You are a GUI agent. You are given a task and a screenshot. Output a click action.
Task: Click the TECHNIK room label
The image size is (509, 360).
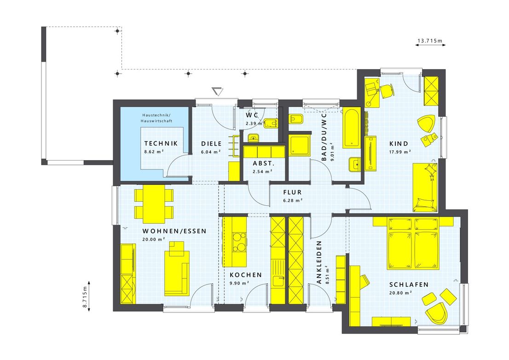pos(161,143)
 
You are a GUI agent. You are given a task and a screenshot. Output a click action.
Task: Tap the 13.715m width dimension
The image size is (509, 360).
pos(429,41)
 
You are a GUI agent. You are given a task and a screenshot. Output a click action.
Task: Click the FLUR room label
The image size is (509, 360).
pos(292,192)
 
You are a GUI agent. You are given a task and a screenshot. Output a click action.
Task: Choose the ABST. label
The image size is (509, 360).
pos(264,163)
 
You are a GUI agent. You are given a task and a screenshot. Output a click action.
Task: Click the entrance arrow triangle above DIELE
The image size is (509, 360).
pos(217,91)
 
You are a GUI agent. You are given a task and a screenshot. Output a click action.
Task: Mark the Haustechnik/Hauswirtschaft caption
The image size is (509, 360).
pos(156,117)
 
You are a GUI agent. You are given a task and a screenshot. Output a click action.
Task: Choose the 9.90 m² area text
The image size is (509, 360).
pos(239,283)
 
